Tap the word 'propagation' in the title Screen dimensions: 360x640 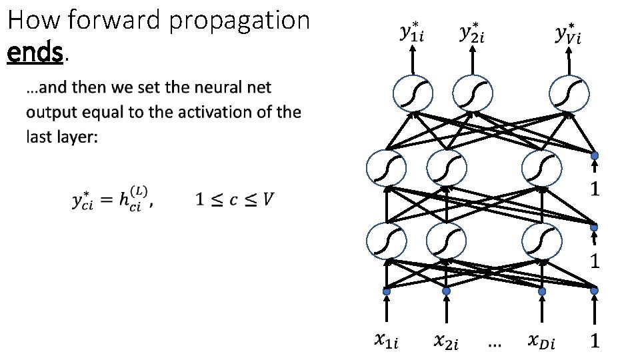239,21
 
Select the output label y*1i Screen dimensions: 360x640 413,33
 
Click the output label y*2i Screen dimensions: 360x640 473,33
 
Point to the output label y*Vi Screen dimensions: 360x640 569,33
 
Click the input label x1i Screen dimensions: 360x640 387,342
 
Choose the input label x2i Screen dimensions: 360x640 447,342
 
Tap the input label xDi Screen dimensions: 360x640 541,342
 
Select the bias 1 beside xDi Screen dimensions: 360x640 595,342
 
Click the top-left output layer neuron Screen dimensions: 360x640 413,93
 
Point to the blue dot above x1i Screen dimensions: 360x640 386,291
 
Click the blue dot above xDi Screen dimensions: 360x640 541,291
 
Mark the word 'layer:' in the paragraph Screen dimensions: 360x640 79,137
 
